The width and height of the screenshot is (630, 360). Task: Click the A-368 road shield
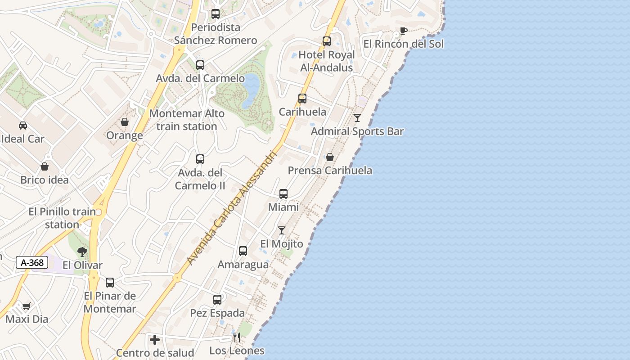click(x=32, y=262)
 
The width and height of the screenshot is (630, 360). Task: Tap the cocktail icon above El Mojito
click(x=282, y=230)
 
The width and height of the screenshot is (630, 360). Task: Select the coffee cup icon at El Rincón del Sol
click(x=403, y=31)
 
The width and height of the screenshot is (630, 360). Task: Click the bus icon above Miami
click(x=283, y=194)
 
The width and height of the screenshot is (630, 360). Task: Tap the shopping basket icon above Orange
click(x=125, y=122)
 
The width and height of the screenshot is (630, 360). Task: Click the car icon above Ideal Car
click(x=23, y=126)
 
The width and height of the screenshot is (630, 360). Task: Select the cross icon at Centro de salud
click(x=155, y=340)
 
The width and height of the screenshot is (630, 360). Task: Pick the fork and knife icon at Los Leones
click(x=237, y=337)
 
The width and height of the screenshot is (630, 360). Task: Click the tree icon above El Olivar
click(x=82, y=252)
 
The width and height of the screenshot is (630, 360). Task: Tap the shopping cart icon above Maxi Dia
click(x=26, y=306)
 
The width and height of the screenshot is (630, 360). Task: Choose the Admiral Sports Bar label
click(x=357, y=131)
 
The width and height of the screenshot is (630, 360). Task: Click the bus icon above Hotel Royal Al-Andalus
click(x=327, y=41)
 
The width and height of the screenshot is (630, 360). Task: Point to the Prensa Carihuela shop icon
click(x=330, y=157)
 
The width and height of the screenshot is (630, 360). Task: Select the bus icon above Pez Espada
click(x=217, y=299)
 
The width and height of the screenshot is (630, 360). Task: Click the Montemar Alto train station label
click(x=187, y=120)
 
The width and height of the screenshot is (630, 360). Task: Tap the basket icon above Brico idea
click(x=45, y=167)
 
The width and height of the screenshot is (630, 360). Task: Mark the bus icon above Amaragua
click(x=243, y=251)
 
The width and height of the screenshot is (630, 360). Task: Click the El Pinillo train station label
click(x=62, y=218)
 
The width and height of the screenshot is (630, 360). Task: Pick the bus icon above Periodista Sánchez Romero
click(x=216, y=14)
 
